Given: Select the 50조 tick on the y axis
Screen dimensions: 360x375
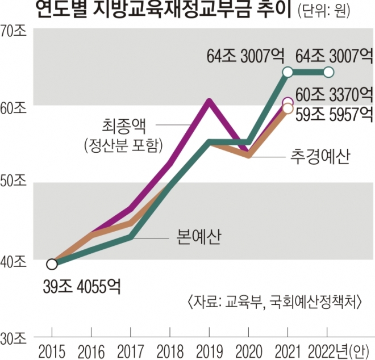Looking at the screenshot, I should [x=14, y=183].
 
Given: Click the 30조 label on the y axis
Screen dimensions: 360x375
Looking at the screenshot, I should [x=14, y=338].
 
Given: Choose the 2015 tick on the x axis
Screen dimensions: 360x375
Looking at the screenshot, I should [x=52, y=348].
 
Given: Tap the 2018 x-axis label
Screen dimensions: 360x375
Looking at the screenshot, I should [x=170, y=348].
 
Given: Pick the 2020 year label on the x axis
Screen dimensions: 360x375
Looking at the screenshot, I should [x=248, y=348].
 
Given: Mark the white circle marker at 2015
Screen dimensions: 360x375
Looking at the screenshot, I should [x=52, y=264].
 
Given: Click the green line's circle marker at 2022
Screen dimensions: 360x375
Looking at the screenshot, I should [x=328, y=72].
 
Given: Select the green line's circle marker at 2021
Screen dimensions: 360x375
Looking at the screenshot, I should [x=288, y=72].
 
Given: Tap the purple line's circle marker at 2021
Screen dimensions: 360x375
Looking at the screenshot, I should [x=288, y=102].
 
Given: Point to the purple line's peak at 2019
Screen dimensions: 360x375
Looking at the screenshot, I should [x=210, y=102].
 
